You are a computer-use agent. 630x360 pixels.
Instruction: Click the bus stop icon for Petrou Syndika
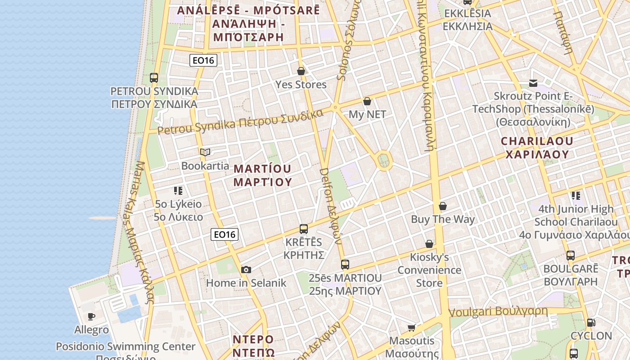point(154,77)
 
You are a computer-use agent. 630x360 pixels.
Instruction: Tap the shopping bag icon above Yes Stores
point(301,71)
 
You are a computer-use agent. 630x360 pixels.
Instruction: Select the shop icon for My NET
point(367,101)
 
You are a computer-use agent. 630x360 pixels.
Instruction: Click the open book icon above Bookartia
point(205,152)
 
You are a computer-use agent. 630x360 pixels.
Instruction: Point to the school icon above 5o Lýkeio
point(178,191)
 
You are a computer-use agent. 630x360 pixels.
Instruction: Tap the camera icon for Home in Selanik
point(246,270)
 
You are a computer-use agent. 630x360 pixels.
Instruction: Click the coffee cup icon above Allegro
point(91,316)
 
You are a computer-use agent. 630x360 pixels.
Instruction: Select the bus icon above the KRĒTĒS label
point(304,229)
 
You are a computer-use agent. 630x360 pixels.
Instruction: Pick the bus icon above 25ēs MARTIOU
point(345,265)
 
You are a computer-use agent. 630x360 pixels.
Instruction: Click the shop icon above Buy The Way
point(443,206)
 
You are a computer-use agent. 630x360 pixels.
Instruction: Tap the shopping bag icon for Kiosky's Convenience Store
point(429,244)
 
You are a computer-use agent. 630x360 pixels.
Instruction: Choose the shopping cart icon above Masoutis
point(411,327)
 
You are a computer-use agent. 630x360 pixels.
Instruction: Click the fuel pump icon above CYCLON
point(591,322)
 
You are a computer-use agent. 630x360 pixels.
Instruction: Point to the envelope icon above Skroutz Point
point(533,83)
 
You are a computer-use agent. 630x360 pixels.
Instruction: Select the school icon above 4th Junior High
point(576,196)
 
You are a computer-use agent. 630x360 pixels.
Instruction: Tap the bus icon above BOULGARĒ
point(571,256)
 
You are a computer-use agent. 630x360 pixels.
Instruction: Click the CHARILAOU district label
point(537,148)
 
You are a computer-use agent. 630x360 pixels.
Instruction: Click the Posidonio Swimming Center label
point(126,347)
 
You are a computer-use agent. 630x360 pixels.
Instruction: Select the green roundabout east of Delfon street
point(383,160)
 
